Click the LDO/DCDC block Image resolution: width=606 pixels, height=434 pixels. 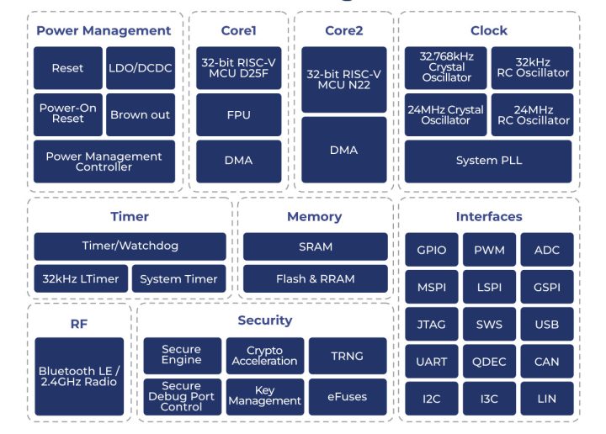coord(141,68)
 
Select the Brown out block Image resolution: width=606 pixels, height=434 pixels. coord(141,114)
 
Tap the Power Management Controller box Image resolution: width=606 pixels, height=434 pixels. coord(104,161)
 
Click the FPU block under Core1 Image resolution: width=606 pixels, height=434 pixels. coord(239,114)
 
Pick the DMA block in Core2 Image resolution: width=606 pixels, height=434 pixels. coord(344,150)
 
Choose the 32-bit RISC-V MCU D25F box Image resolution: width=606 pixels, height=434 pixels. coord(239,68)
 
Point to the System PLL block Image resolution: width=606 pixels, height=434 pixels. coord(488,161)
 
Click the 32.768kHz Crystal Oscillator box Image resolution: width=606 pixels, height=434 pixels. coord(446,67)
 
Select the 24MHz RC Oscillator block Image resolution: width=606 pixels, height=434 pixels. coord(533,114)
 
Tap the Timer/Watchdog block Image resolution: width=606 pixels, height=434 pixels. coord(130,246)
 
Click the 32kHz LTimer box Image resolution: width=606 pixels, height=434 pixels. coord(81,278)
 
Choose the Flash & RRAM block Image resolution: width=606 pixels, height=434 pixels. coord(316,278)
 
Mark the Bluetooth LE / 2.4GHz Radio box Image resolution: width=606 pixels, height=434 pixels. coord(79,376)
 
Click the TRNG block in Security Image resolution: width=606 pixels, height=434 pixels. coord(348,356)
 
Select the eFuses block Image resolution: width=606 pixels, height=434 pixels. coord(348,396)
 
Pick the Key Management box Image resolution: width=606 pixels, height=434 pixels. coord(265,396)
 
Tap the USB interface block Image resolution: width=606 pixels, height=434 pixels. coord(546,324)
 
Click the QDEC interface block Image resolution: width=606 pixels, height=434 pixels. coord(489,361)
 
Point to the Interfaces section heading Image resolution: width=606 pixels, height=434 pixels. coord(489,216)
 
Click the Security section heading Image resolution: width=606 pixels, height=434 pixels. coord(265,320)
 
